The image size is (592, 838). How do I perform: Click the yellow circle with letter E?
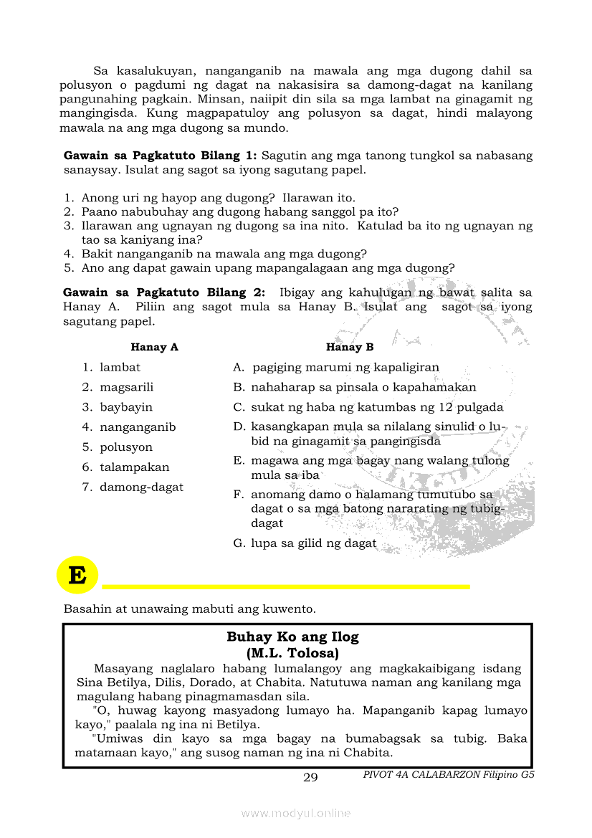(77, 575)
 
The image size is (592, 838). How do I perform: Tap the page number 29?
(310, 778)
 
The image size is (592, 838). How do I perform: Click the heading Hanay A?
(154, 347)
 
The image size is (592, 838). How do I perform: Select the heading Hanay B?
(350, 347)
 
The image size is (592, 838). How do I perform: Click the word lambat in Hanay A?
(120, 367)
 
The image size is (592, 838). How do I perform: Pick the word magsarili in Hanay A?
(126, 387)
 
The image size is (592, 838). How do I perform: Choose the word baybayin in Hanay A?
(126, 407)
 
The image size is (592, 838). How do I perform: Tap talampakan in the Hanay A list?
(135, 467)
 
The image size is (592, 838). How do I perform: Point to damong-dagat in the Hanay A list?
(141, 487)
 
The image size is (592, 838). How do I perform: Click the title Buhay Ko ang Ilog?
(292, 637)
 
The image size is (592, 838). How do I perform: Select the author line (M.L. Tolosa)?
(292, 653)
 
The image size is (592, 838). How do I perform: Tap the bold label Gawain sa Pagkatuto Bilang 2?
(164, 292)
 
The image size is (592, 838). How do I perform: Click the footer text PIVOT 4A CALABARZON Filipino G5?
(449, 774)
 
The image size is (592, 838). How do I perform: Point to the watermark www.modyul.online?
(296, 813)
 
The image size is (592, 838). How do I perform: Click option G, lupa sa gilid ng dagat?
(313, 543)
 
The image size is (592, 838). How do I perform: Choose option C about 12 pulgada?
(376, 407)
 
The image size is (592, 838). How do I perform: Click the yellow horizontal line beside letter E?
(286, 586)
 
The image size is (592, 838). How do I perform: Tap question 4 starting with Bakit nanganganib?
(224, 254)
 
